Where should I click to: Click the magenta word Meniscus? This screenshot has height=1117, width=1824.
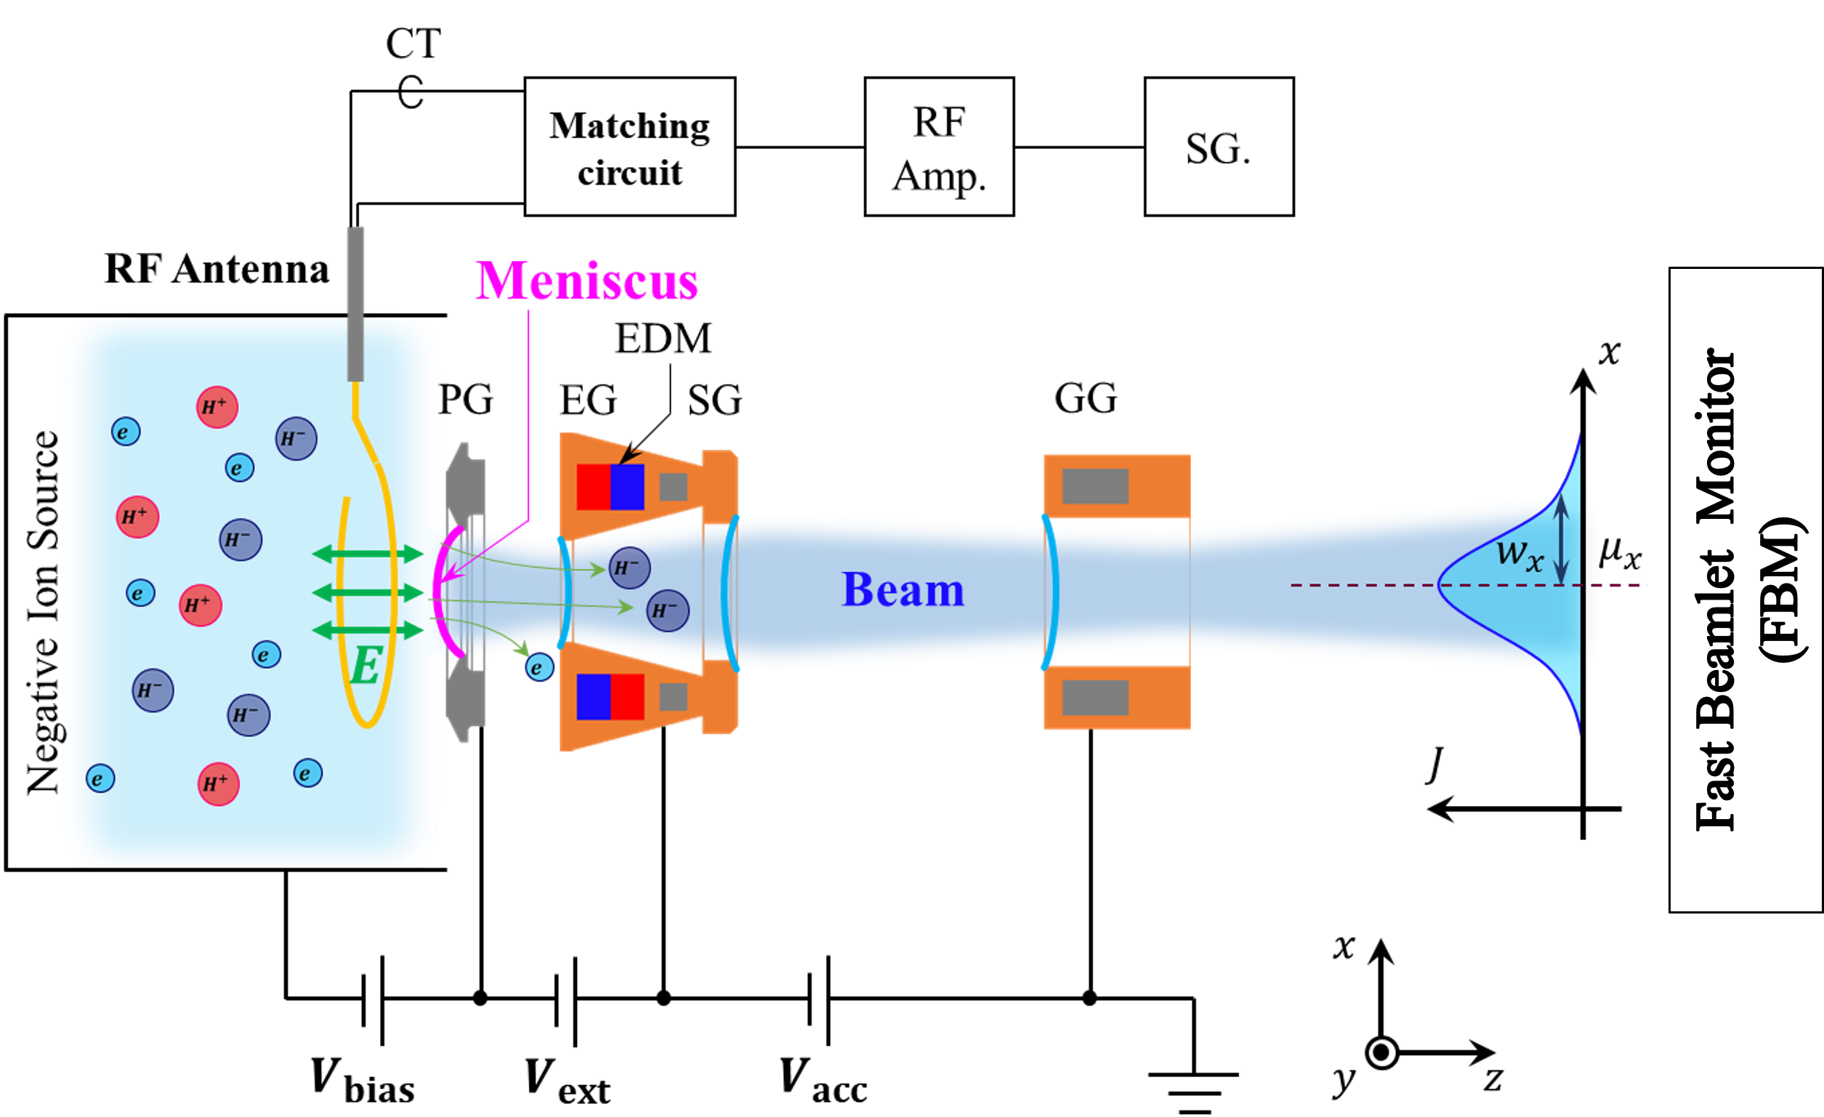pos(586,281)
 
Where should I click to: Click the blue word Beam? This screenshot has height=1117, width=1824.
pos(903,590)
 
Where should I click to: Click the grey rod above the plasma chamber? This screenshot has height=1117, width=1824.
pos(355,304)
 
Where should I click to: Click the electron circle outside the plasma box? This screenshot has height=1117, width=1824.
pos(539,668)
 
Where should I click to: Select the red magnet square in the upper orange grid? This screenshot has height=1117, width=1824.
pos(593,487)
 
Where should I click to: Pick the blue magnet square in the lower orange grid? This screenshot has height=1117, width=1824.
pos(593,695)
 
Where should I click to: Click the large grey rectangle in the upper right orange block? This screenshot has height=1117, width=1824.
pos(1095,486)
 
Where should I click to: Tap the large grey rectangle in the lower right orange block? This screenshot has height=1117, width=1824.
pos(1095,697)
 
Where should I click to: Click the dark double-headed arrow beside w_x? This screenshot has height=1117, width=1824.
pos(1560,539)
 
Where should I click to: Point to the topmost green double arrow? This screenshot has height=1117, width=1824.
pos(368,554)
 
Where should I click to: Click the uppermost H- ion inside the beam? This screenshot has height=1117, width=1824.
pos(629,568)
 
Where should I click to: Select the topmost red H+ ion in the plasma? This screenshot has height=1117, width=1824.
pos(217,406)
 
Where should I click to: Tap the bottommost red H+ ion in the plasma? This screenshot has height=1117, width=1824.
pos(219,784)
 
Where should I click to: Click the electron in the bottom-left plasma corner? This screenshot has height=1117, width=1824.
pos(100,779)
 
